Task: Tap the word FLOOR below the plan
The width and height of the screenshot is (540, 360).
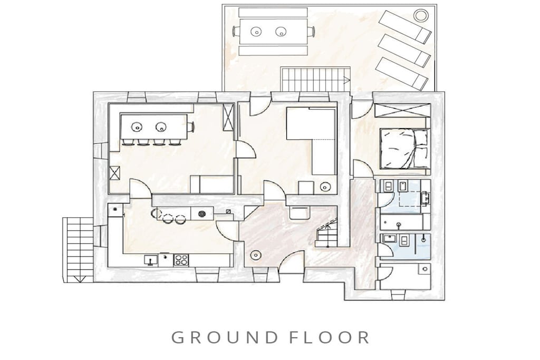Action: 329,337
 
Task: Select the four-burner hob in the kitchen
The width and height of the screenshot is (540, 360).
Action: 181,259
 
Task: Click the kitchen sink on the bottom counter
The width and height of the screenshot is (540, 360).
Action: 151,259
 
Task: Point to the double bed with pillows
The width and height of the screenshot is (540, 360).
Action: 405,149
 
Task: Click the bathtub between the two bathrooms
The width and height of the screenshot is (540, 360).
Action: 401,222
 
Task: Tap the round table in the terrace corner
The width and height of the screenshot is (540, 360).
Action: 420,15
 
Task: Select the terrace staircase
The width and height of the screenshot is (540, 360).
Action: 316,80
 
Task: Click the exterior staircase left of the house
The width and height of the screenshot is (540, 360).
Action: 78,249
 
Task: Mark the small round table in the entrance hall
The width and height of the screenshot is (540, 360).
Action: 256,255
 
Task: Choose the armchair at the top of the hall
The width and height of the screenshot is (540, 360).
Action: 300,213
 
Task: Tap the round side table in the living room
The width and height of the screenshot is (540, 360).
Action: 325,187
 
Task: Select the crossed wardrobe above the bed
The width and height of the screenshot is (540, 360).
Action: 401,111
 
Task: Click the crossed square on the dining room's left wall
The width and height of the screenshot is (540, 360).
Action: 114,173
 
